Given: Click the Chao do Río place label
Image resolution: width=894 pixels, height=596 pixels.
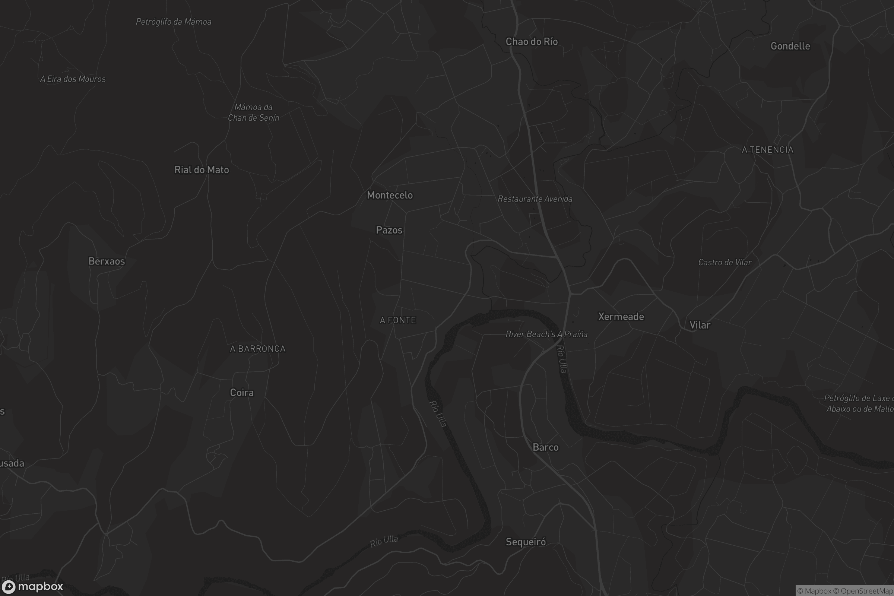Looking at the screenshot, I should [x=532, y=41].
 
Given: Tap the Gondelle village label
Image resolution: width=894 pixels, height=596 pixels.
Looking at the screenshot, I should [x=790, y=46].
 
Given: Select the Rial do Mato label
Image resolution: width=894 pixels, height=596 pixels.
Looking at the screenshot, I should [x=202, y=169].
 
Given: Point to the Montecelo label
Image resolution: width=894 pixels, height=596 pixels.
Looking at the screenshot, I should [x=390, y=195].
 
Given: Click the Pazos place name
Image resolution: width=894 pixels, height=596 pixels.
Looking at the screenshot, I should [x=389, y=230].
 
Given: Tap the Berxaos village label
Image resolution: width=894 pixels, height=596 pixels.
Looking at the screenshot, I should [x=107, y=261].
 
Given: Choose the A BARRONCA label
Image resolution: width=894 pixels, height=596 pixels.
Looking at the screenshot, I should [x=257, y=349].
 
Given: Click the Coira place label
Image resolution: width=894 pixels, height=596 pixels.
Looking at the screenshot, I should [x=242, y=392].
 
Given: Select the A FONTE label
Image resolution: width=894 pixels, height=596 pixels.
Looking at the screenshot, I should [x=397, y=320].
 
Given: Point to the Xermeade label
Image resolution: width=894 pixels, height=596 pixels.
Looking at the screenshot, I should [x=621, y=317].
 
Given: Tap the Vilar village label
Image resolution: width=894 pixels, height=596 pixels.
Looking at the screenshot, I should [x=700, y=325].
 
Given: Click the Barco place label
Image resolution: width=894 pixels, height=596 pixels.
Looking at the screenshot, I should [x=545, y=447].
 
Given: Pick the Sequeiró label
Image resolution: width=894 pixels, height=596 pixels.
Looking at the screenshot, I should [x=526, y=542].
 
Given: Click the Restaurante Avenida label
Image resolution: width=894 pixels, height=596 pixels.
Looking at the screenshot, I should [x=535, y=199].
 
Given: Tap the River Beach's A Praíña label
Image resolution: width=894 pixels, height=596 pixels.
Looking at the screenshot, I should [x=546, y=334].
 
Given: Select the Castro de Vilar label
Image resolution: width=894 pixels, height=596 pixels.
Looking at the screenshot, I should [x=725, y=262].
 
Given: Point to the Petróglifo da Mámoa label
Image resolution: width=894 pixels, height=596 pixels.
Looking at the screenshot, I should [x=173, y=22].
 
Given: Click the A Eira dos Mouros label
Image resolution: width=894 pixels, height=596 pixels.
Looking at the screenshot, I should [x=73, y=79].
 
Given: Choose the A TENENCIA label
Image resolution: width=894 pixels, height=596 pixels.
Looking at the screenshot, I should [x=767, y=150].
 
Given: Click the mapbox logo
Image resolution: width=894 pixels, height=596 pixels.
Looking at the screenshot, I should [x=32, y=586].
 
